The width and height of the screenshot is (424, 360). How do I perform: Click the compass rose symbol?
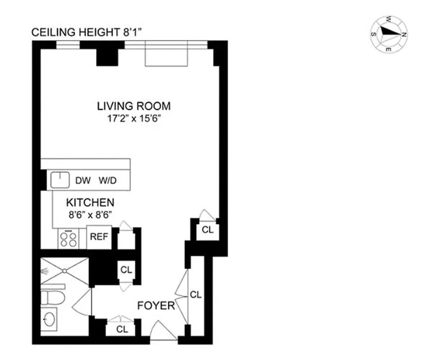[389, 34]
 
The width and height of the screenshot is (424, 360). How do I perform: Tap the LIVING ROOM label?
[134, 106]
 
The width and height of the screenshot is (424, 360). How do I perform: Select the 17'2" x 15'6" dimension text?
[134, 121]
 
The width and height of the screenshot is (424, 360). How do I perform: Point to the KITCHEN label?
[90, 202]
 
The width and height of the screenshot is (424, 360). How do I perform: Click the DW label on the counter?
[82, 181]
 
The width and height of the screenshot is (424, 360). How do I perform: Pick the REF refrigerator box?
[99, 237]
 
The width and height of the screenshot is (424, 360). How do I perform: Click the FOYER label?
[156, 306]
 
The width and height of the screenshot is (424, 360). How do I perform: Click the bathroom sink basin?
[50, 320]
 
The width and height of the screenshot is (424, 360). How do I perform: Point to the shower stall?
[64, 271]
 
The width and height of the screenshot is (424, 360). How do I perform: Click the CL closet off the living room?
[207, 230]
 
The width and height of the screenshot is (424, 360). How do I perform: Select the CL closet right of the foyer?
[195, 295]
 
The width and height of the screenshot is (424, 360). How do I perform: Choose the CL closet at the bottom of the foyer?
[122, 329]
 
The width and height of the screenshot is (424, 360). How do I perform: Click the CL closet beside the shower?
[126, 270]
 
